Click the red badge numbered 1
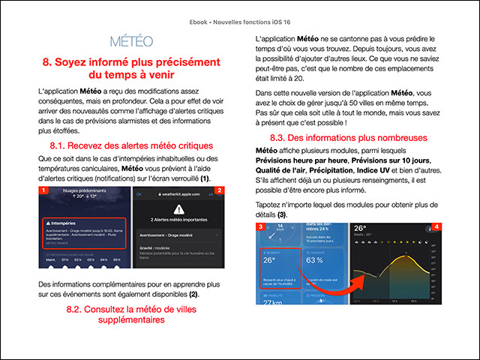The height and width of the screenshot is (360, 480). coord(44,191)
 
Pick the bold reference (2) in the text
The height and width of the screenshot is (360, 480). coord(193,295)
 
